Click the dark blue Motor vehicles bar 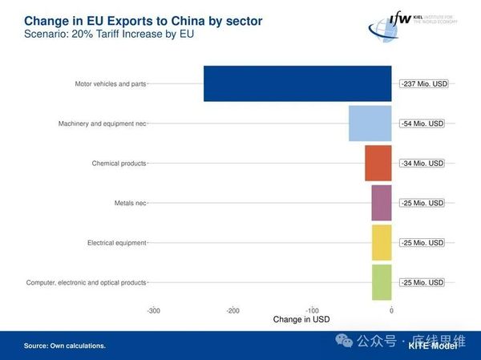(297, 83)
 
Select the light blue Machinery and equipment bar (370, 123)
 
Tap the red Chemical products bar (378, 163)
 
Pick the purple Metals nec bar (382, 203)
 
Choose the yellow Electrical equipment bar (382, 242)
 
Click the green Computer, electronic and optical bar (382, 282)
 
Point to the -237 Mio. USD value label (422, 83)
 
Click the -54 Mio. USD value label (422, 123)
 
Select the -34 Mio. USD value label (422, 163)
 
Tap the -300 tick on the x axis (154, 309)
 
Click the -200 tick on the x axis (233, 309)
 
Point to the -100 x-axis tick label (313, 309)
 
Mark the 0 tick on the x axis (391, 309)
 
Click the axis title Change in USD (301, 319)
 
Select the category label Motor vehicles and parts (110, 83)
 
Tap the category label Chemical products (119, 163)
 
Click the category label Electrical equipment (116, 242)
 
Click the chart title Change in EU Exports (131, 19)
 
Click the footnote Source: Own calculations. (65, 346)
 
